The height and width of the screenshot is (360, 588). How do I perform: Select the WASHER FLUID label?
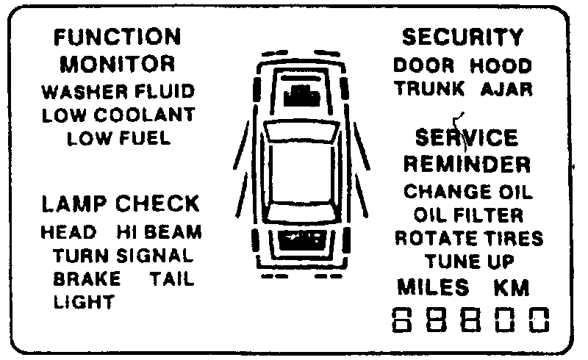coord(118,92)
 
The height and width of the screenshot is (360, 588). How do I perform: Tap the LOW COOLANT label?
coord(118,115)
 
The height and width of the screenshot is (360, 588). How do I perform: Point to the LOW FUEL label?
coord(118,138)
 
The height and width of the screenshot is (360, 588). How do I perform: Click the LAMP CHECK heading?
coord(120,204)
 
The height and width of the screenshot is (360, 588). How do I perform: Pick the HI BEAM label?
coord(159,233)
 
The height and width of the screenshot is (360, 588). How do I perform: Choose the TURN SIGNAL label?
coord(123,256)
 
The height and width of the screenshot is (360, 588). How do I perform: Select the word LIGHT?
coord(84,302)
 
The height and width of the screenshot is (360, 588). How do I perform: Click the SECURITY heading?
coord(463,37)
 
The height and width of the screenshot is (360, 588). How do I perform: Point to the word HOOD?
coord(501,65)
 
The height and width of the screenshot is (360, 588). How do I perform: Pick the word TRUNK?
coord(429,89)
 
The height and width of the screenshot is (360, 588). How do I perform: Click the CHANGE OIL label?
coord(468,192)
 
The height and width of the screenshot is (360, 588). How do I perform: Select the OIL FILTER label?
coord(468,215)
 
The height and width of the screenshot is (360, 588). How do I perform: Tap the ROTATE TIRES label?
coord(469,239)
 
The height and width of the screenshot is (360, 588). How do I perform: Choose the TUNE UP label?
coord(468,262)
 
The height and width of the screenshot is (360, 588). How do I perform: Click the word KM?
coord(512,287)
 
